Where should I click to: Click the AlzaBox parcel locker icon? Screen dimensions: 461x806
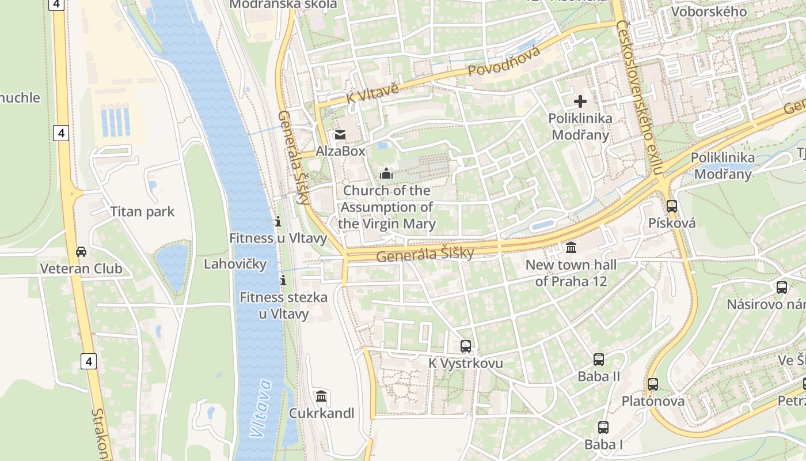340,135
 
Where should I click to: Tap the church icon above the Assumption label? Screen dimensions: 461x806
386,173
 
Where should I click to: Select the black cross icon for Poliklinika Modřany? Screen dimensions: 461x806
580,102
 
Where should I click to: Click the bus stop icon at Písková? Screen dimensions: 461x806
671,206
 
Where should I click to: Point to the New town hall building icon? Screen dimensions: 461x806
571,248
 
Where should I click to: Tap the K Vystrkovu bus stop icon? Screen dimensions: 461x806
465,346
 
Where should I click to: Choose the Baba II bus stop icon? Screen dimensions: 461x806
599,360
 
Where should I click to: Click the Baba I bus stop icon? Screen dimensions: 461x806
603,428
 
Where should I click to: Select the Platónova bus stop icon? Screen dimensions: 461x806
652,384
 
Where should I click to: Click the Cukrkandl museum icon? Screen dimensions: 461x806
321,396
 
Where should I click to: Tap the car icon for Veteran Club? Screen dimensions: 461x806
81,252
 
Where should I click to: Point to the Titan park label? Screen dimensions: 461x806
142,211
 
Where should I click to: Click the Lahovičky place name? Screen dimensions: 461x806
235,264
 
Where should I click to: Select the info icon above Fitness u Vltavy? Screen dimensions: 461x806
277,221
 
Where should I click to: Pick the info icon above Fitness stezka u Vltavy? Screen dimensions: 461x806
283,281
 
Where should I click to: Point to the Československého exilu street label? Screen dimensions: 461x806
640,98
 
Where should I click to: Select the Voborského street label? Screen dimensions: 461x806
709,12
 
